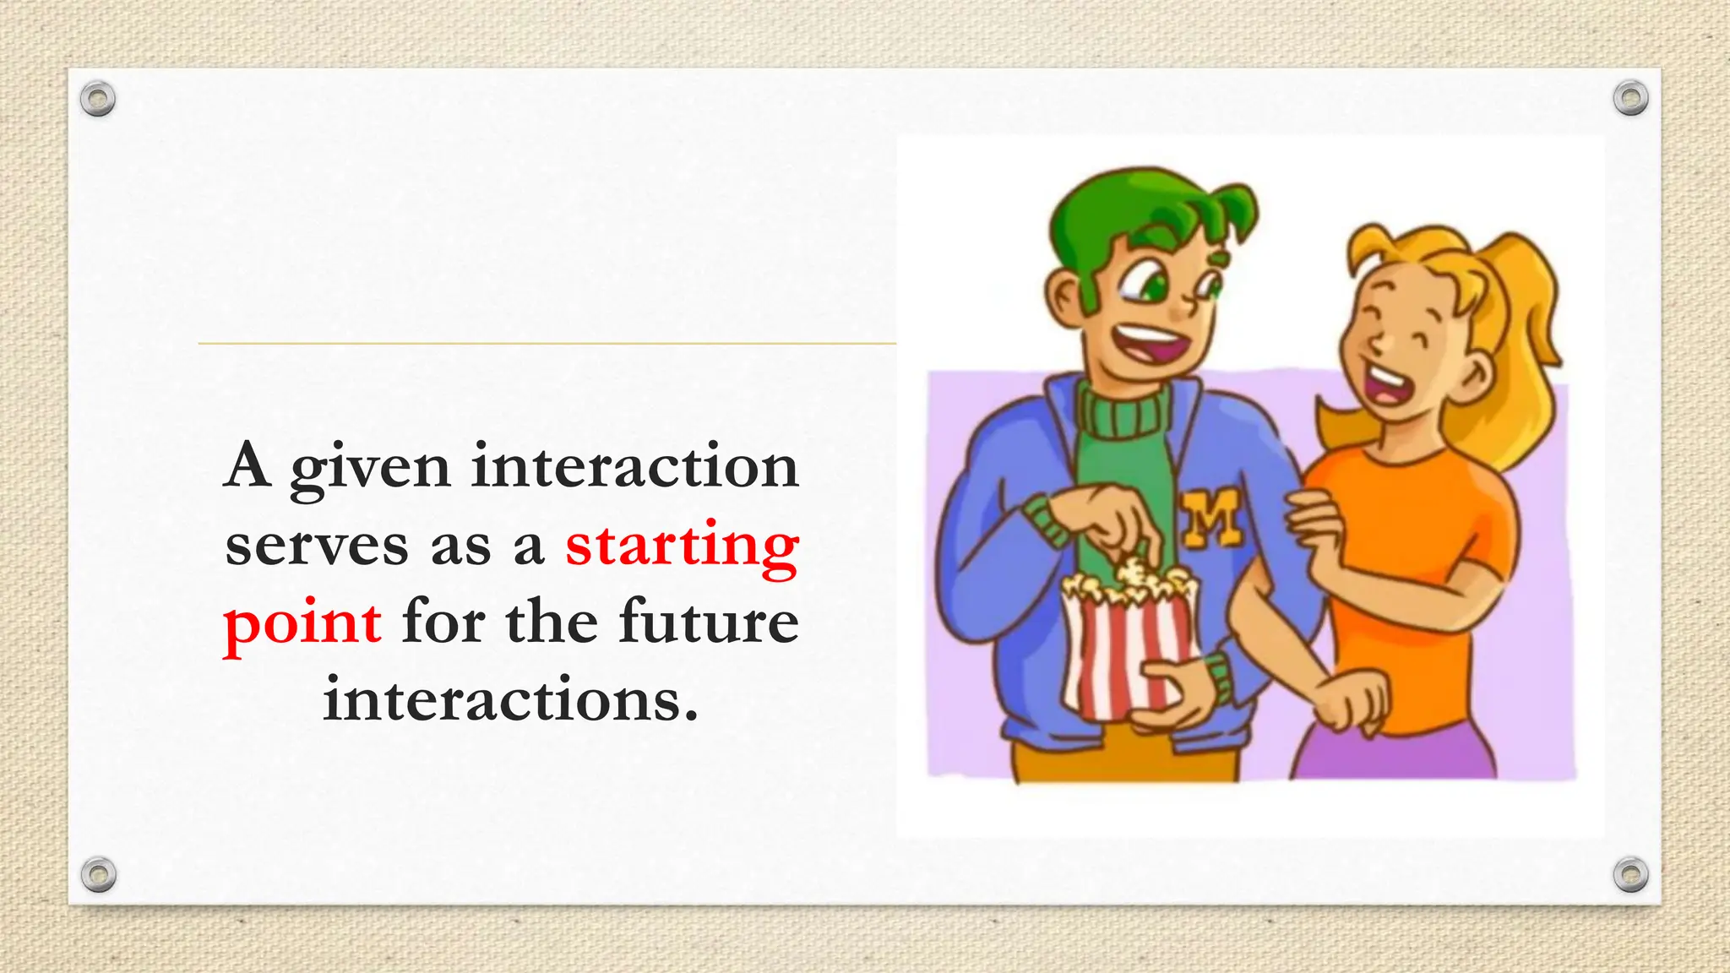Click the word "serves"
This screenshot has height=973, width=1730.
pos(317,546)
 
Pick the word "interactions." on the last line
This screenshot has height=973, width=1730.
pos(511,699)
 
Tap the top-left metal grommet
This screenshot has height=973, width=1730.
pos(98,99)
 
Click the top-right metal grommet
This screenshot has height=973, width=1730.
pos(1630,99)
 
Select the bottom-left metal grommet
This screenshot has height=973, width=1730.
pos(98,874)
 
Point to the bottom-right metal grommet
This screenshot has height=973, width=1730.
pos(1630,874)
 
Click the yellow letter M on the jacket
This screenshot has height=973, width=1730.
pos(1210,517)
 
